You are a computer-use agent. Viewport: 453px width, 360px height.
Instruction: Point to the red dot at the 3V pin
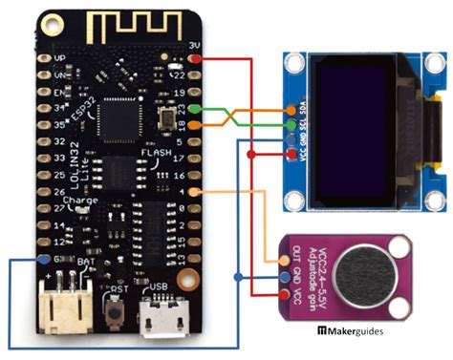tap(195, 60)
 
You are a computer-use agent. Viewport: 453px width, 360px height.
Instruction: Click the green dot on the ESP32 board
tap(195, 109)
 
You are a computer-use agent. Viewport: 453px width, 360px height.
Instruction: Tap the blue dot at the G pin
tap(44, 259)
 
